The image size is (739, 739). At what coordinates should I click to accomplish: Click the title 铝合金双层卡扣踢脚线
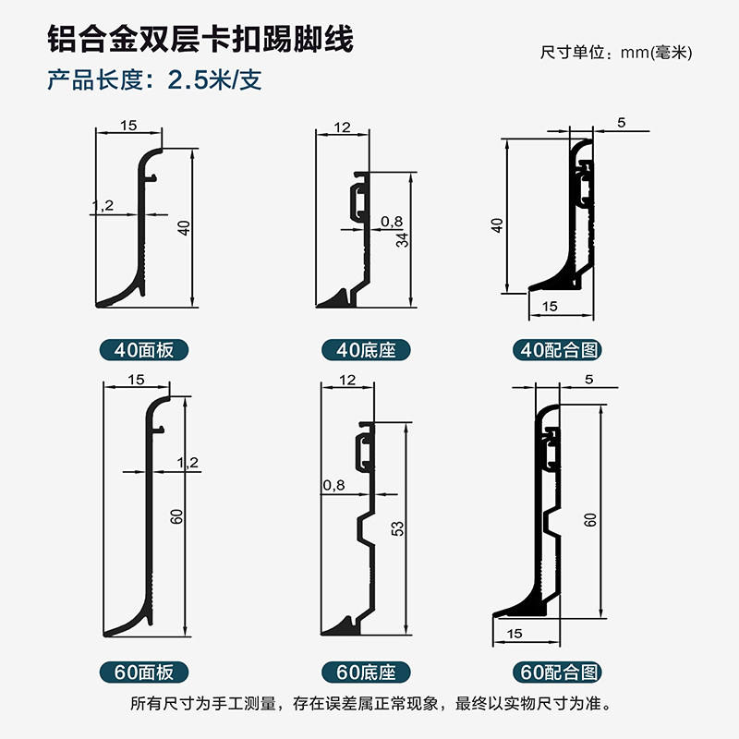pyautogui.click(x=200, y=39)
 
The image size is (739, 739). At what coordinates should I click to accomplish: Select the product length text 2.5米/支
pyautogui.click(x=214, y=79)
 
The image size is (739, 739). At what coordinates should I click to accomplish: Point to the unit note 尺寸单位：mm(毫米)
pyautogui.click(x=616, y=53)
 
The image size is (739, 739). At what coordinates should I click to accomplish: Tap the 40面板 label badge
pyautogui.click(x=144, y=350)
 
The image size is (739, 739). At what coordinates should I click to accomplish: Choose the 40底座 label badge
pyautogui.click(x=366, y=350)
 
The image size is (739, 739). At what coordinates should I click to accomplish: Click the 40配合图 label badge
pyautogui.click(x=558, y=350)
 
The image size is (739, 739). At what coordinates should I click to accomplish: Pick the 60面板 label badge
pyautogui.click(x=144, y=672)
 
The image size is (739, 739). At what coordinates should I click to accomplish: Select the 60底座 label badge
pyautogui.click(x=366, y=672)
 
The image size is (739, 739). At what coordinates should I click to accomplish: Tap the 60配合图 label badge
pyautogui.click(x=558, y=672)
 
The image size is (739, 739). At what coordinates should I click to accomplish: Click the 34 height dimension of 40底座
pyautogui.click(x=402, y=240)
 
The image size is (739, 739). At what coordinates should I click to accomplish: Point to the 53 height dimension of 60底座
pyautogui.click(x=398, y=528)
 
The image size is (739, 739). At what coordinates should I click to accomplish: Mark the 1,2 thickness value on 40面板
pyautogui.click(x=103, y=205)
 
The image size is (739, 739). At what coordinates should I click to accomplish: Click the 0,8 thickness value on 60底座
pyautogui.click(x=334, y=485)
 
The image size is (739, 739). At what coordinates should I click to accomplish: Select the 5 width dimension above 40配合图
pyautogui.click(x=621, y=123)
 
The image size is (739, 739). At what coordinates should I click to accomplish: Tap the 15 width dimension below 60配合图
pyautogui.click(x=515, y=634)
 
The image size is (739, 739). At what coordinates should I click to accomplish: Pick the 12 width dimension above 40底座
pyautogui.click(x=342, y=127)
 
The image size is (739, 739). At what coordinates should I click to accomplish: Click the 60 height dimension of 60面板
pyautogui.click(x=176, y=516)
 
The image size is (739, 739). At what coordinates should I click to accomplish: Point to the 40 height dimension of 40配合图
pyautogui.click(x=497, y=225)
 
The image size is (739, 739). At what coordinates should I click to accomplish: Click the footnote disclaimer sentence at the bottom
pyautogui.click(x=370, y=703)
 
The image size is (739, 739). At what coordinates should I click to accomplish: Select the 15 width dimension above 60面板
pyautogui.click(x=136, y=380)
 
